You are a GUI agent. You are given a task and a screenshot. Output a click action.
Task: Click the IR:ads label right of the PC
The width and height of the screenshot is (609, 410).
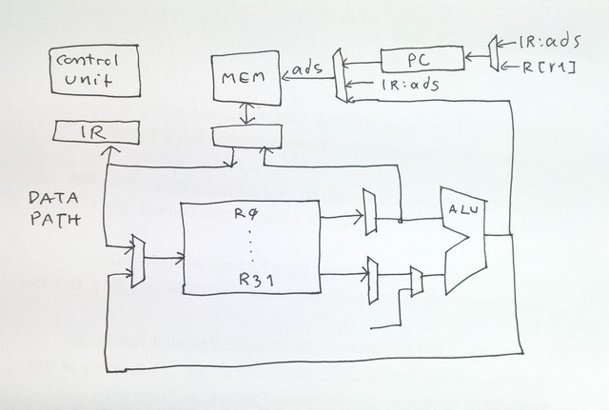[546, 44]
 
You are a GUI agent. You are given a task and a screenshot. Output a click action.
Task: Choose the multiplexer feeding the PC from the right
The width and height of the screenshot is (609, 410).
[492, 54]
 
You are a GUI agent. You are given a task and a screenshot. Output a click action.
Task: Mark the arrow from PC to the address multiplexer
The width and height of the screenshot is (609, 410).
[363, 64]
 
